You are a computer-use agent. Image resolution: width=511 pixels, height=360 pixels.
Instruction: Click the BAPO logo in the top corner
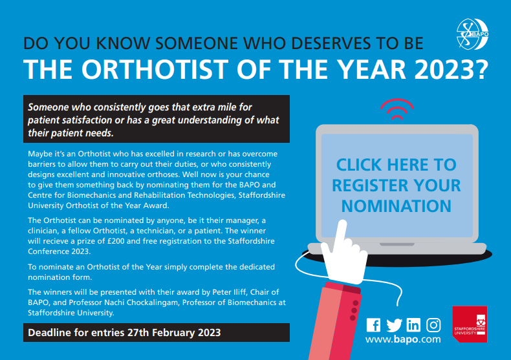tap(473, 34)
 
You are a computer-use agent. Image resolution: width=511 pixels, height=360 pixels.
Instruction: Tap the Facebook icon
tap(373, 325)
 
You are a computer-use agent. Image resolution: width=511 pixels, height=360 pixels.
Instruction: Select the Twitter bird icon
tap(394, 325)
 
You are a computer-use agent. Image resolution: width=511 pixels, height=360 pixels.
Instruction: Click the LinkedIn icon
tap(413, 325)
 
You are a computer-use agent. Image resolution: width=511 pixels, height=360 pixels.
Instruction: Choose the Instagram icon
tap(434, 325)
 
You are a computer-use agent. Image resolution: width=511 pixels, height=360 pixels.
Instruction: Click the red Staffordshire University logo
tap(470, 324)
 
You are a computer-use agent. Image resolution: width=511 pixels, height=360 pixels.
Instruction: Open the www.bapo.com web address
tap(403, 339)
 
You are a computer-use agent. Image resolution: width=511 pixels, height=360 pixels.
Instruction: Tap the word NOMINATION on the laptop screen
tap(397, 206)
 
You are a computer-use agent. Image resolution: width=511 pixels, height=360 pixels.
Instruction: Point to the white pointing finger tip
tap(342, 223)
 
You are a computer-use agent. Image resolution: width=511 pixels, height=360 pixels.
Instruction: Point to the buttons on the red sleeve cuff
tap(354, 310)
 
